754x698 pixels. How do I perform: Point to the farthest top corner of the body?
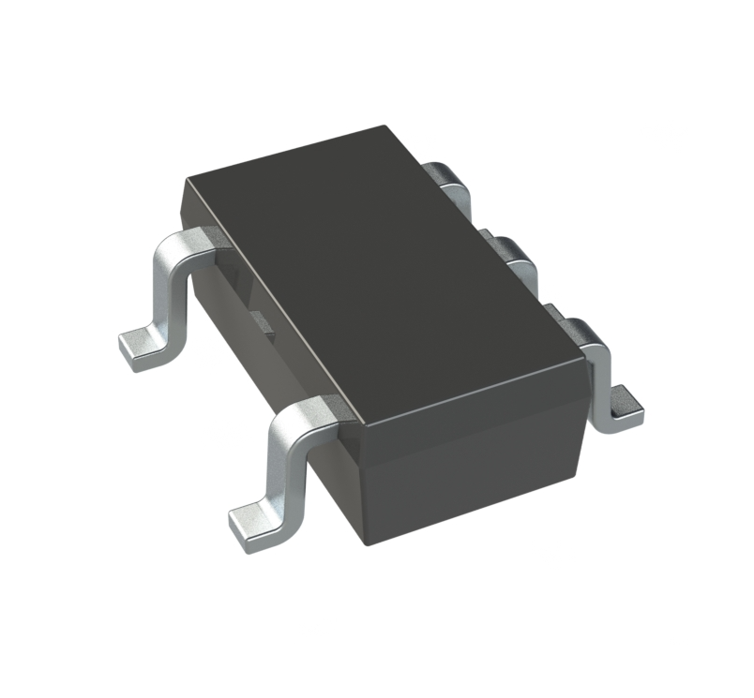pos(387,127)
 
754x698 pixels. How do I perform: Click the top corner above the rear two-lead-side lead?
pos(186,178)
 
